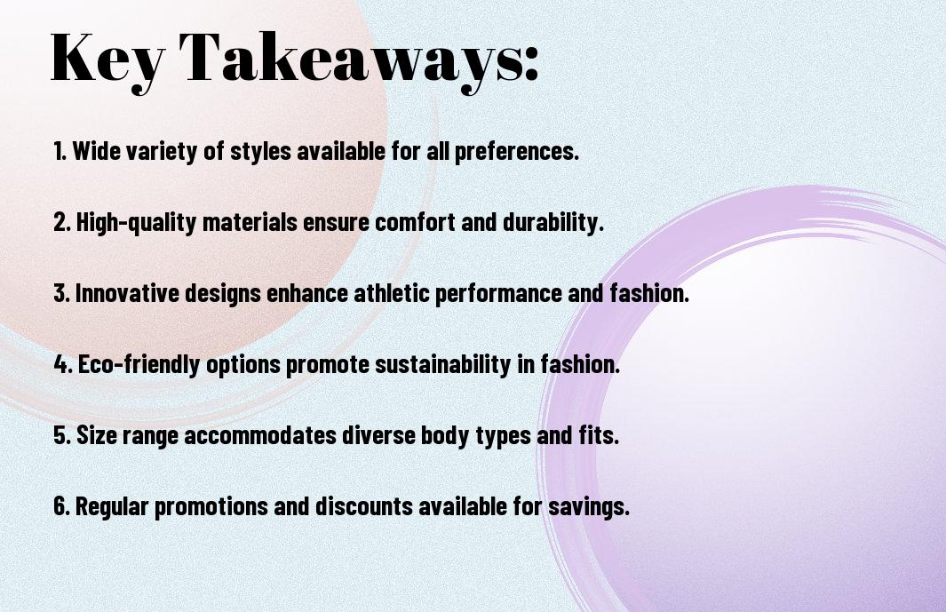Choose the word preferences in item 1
[516, 152]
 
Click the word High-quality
[137, 222]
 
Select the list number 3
[61, 293]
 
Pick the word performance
[498, 293]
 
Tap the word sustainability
[443, 364]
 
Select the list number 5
[61, 435]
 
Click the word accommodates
[260, 435]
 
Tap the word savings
[588, 505]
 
